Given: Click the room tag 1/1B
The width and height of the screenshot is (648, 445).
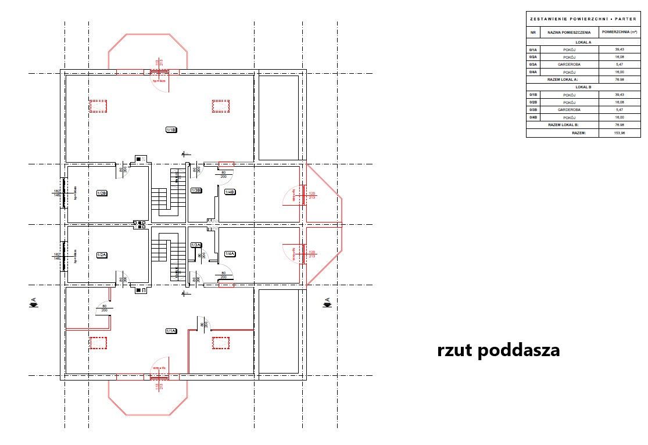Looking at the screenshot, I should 171,130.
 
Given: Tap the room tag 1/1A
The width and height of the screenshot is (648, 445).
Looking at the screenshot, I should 171,331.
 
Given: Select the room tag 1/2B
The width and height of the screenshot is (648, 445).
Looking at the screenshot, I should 101,193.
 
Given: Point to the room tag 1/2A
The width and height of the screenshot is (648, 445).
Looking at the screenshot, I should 101,255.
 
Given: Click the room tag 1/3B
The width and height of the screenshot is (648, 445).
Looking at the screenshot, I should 196,191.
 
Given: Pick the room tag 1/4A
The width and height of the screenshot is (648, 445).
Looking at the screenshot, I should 230,254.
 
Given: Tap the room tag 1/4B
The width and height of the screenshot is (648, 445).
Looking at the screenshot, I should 230,192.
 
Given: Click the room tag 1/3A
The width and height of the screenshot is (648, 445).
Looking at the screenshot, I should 196,245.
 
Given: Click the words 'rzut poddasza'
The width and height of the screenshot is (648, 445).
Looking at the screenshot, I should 499,350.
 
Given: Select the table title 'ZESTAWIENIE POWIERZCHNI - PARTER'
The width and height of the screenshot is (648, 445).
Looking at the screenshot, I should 583,19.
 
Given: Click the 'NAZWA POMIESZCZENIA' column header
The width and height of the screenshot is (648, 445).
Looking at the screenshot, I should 570,33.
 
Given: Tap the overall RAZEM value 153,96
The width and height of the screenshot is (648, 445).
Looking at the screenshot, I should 619,133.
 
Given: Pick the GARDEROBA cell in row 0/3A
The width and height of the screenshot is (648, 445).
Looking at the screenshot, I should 570,64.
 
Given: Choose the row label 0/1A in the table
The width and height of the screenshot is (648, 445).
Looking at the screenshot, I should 533,49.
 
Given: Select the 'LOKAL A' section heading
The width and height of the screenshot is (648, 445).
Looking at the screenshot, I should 583,42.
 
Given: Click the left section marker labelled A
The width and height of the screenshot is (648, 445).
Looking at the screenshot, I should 33,302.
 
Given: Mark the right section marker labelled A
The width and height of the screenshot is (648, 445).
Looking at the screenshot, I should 327,302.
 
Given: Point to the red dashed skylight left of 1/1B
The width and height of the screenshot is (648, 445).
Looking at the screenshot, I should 98,106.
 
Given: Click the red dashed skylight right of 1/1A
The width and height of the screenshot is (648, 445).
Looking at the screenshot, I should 220,343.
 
